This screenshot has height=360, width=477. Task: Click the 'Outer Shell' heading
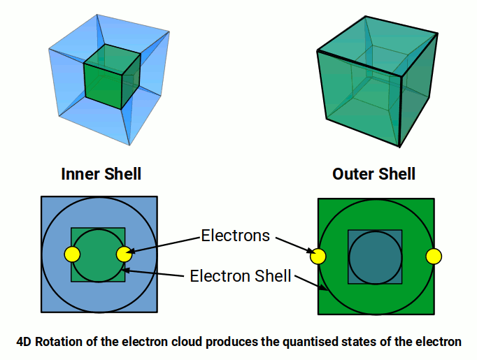(x=374, y=173)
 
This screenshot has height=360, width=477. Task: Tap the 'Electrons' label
(x=235, y=236)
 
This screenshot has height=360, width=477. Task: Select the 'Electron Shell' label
(x=241, y=276)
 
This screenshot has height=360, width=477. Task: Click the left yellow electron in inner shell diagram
(x=71, y=254)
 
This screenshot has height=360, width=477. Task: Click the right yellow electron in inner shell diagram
(x=124, y=254)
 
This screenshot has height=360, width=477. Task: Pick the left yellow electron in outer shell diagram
(x=318, y=256)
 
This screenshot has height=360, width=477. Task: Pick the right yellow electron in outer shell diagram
(x=434, y=256)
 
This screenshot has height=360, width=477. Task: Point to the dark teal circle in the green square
(x=376, y=257)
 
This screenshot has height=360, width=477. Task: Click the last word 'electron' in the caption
(x=439, y=342)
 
